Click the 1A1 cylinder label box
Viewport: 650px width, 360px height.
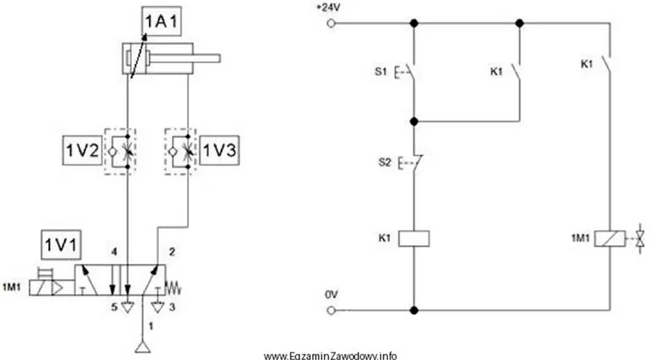(x=161, y=21)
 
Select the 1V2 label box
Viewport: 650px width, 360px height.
(x=82, y=150)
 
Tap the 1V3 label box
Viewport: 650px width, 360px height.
(x=219, y=150)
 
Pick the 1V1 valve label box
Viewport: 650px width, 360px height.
(x=61, y=244)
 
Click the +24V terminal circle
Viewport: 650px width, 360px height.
(x=331, y=24)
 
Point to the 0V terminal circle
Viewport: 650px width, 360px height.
(x=331, y=311)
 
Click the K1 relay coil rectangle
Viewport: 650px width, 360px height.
(x=414, y=239)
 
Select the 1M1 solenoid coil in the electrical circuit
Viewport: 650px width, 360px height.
(x=610, y=239)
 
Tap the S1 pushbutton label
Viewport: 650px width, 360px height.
(x=380, y=72)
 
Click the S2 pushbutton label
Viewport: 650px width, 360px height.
(x=385, y=162)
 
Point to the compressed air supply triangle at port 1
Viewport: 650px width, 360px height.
(x=143, y=347)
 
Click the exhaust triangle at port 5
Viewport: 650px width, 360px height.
(x=127, y=307)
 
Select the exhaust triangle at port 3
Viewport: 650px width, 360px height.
(x=157, y=307)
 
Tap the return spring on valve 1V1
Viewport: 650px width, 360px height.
(x=173, y=287)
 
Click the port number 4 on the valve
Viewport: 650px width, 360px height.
(x=114, y=251)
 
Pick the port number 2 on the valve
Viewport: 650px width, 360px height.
(x=172, y=251)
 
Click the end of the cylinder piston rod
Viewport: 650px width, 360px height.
(x=219, y=58)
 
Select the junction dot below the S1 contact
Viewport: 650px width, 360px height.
(x=414, y=121)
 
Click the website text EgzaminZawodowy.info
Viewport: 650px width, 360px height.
(x=330, y=356)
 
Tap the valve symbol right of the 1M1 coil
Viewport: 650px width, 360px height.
(x=641, y=239)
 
